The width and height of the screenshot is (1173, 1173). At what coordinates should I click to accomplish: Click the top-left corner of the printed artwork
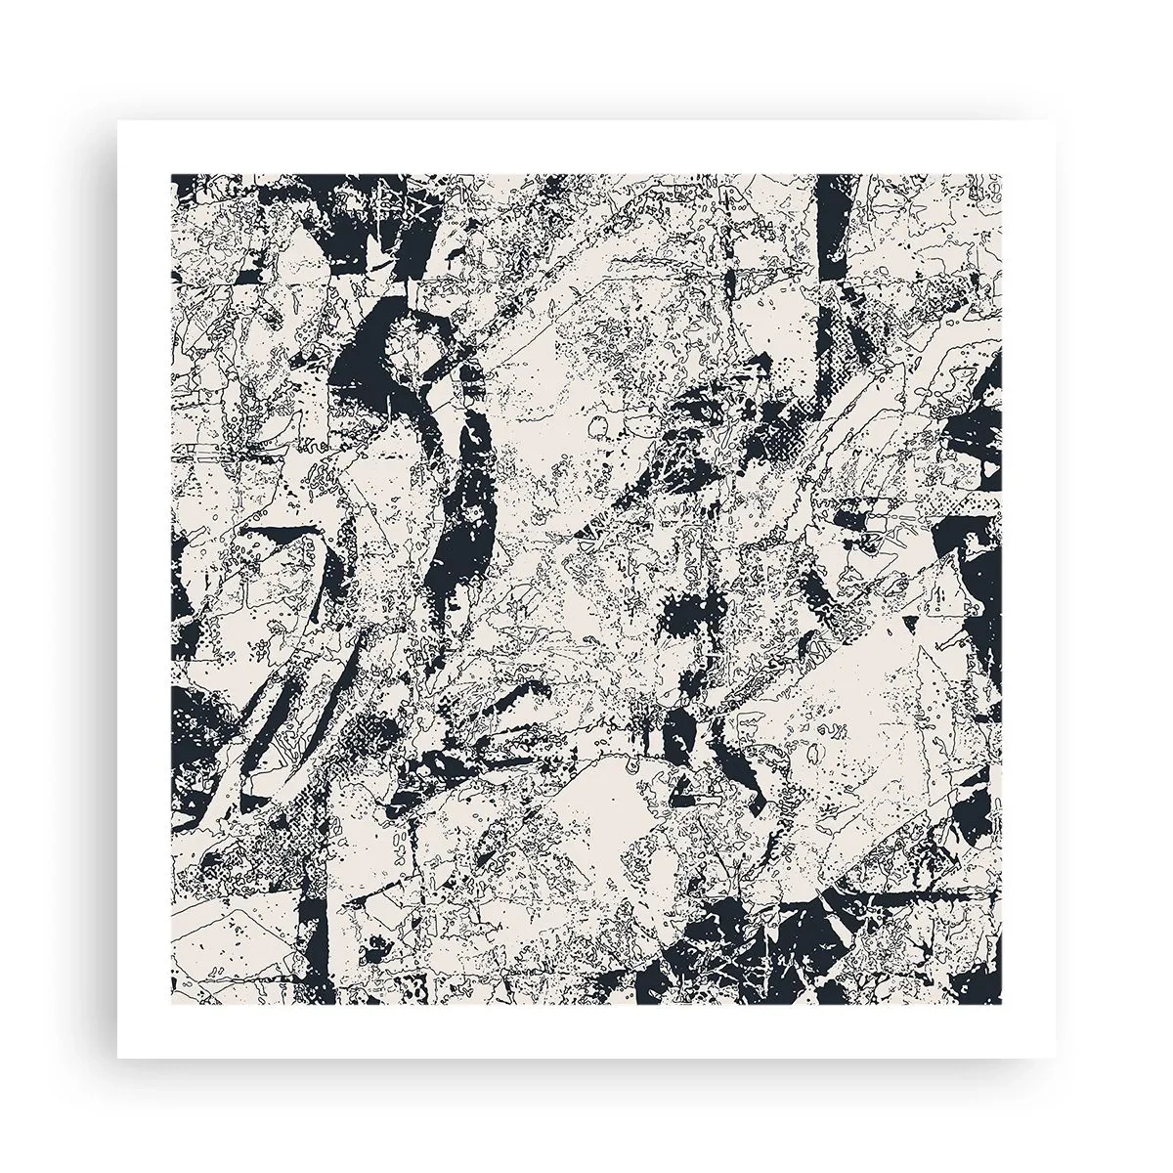pyautogui.click(x=172, y=175)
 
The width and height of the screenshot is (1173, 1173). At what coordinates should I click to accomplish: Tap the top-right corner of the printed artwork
pyautogui.click(x=1003, y=175)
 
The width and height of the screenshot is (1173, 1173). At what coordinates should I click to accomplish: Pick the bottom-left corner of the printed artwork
pyautogui.click(x=172, y=1004)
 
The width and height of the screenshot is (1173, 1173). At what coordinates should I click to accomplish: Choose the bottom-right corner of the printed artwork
pyautogui.click(x=1003, y=1004)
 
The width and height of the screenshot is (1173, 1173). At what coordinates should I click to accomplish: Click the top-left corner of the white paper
pyautogui.click(x=117, y=120)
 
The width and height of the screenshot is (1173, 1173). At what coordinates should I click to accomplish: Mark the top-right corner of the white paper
pyautogui.click(x=1058, y=120)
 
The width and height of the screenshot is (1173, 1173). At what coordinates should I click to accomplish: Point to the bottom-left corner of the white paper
pyautogui.click(x=117, y=1059)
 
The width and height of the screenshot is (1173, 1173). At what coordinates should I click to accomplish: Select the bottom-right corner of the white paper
pyautogui.click(x=1058, y=1059)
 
